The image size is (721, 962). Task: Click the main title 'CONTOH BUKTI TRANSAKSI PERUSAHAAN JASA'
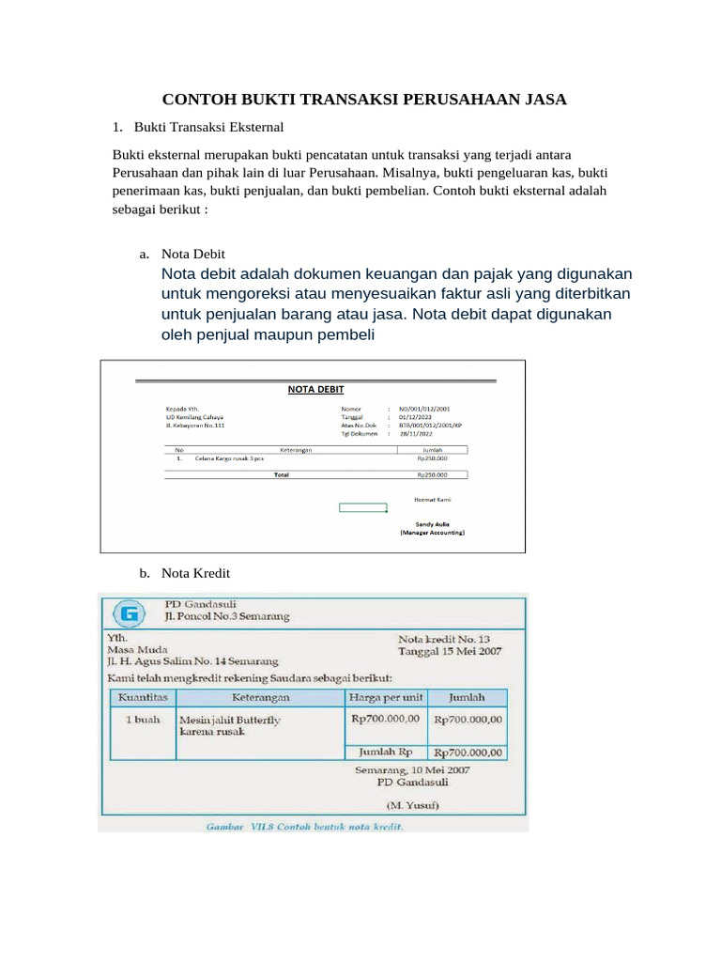[365, 100]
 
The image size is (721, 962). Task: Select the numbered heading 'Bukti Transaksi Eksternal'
[208, 126]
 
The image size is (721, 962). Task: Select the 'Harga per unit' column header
[386, 698]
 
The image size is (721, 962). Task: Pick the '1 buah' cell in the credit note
[143, 719]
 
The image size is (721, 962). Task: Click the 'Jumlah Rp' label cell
[386, 752]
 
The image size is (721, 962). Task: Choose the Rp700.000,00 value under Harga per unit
[386, 718]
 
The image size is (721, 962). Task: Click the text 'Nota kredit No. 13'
[443, 636]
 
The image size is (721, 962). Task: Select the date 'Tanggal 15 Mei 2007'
[450, 650]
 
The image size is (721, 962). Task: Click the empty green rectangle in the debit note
[362, 508]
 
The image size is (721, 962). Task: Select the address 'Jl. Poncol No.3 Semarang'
[226, 617]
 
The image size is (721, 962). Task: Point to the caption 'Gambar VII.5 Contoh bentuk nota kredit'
[305, 827]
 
